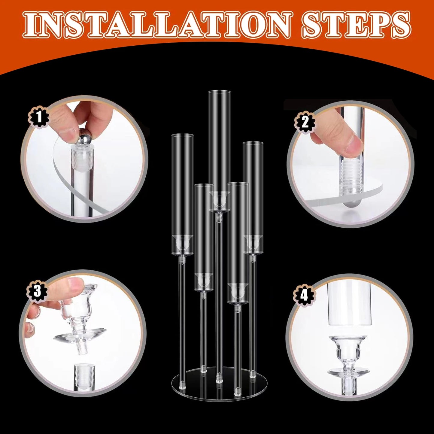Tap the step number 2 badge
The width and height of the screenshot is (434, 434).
click(x=305, y=122)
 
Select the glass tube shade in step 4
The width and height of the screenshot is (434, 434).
click(x=349, y=303)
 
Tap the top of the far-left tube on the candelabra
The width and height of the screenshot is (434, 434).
click(x=182, y=136)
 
